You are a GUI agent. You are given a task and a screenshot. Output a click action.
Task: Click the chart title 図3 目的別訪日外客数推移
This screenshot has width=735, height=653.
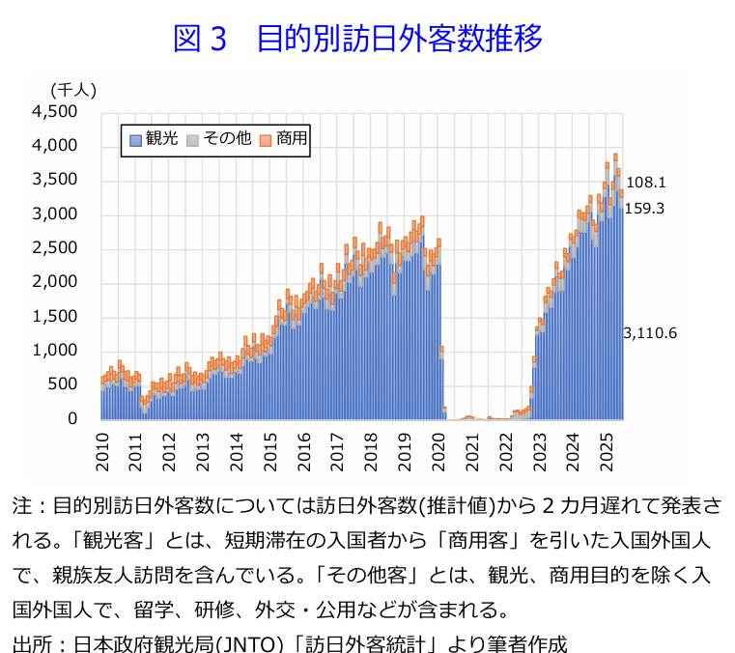tap(357, 40)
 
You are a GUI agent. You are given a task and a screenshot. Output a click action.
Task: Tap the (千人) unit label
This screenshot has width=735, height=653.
tap(72, 90)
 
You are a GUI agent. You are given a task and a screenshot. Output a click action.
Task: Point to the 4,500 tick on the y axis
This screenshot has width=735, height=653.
tap(55, 112)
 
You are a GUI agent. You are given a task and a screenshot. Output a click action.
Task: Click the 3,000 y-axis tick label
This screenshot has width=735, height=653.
tap(55, 214)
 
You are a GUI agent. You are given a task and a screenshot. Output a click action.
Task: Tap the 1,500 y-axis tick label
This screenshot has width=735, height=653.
tap(55, 317)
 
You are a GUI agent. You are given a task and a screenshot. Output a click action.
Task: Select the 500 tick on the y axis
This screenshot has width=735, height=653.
tap(63, 385)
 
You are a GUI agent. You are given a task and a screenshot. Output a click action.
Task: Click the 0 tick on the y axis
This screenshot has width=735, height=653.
tap(71, 419)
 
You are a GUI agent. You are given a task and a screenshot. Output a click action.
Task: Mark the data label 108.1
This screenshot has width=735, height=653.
tap(646, 182)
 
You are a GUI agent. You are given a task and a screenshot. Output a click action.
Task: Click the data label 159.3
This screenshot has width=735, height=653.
tap(646, 208)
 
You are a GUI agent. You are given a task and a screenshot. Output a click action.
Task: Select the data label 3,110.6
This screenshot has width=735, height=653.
tap(650, 333)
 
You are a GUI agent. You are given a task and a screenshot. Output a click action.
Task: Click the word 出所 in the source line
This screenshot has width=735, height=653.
tap(31, 639)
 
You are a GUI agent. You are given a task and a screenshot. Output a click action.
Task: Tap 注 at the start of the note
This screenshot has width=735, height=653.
tap(21, 507)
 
